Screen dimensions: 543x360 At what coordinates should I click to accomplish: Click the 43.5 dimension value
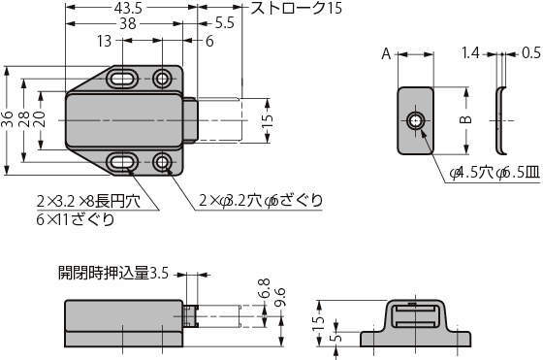128,9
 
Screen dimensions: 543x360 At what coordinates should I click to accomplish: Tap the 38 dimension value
128,24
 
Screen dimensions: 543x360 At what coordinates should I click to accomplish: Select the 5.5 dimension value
224,23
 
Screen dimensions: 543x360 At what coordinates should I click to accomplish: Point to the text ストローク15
296,9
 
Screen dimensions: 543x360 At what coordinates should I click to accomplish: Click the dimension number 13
105,41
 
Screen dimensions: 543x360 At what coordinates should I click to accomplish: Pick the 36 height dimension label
8,119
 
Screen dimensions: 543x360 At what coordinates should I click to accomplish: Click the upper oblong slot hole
122,79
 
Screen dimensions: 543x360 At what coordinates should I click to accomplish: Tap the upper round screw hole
162,79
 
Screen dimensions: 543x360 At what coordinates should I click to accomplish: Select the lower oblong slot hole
122,162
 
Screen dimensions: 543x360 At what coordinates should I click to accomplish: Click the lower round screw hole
162,162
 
